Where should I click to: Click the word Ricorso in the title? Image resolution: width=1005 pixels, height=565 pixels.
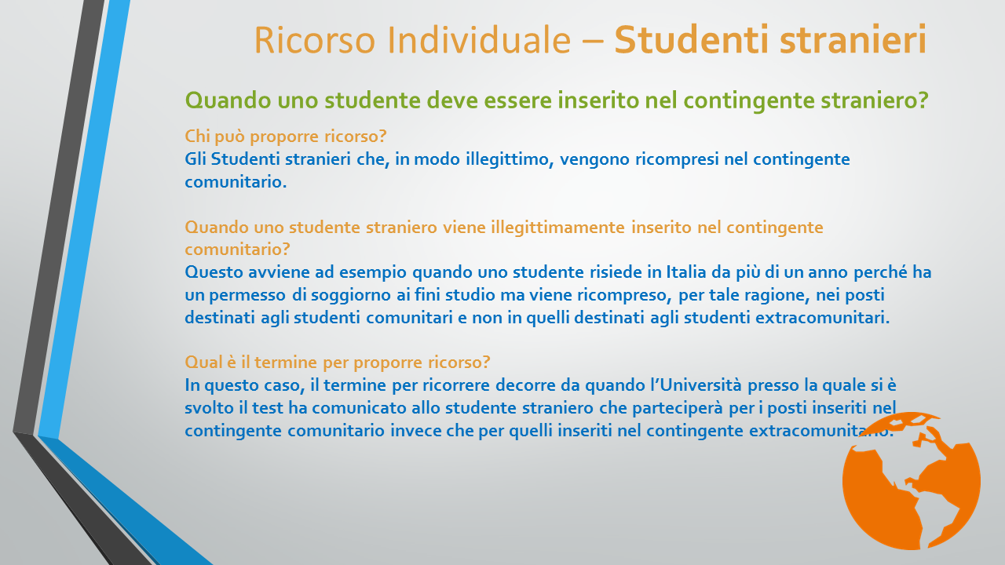[315, 40]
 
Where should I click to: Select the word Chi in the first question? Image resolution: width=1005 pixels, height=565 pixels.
[197, 136]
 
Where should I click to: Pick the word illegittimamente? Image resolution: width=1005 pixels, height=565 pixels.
[557, 228]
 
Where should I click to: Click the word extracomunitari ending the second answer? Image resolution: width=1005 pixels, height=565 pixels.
[822, 318]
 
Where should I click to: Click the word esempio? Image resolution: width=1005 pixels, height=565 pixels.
[373, 273]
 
